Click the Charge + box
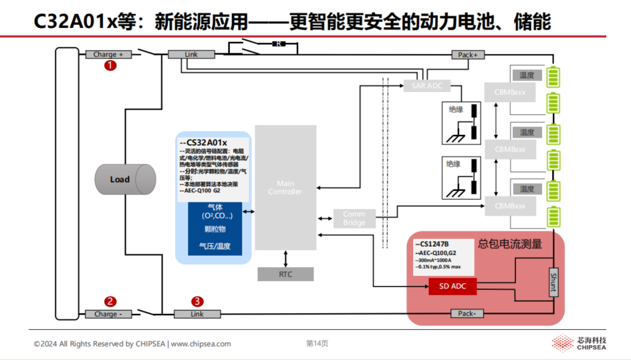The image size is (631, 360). click(108, 55)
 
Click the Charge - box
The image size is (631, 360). click(108, 314)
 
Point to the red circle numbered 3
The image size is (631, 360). click(197, 302)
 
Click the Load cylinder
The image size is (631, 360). click(124, 179)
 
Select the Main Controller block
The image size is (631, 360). click(285, 187)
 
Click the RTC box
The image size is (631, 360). click(285, 275)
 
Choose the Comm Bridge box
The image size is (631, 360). click(354, 218)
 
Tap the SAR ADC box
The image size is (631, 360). click(427, 85)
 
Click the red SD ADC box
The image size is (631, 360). click(453, 287)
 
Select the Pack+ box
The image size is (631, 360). click(468, 55)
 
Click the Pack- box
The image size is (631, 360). click(468, 314)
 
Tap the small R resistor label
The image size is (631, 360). click(277, 44)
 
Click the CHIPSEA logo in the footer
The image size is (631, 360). click(580, 343)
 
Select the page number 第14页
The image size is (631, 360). click(317, 344)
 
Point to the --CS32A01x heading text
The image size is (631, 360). click(204, 142)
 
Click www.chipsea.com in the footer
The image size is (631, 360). click(201, 344)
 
